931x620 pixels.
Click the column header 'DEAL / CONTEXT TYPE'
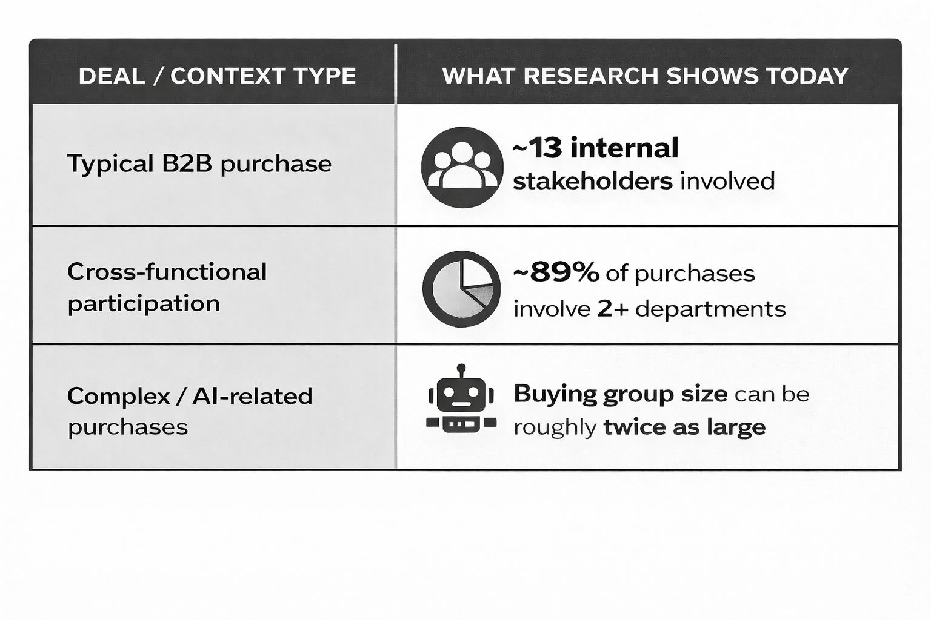pos(217,76)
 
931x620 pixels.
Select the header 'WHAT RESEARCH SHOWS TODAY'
pos(645,76)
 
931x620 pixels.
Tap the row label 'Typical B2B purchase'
pos(199,164)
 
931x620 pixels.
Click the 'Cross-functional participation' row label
pos(167,288)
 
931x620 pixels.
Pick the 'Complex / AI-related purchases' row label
pos(190,411)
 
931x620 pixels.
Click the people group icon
pos(462,167)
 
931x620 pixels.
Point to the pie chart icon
pos(462,289)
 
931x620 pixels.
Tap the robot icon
pos(461,401)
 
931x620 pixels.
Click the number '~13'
pos(537,148)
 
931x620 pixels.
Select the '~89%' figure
pos(556,272)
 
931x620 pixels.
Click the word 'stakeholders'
pos(592,181)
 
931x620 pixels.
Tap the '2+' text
pos(613,309)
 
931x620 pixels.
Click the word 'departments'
pos(710,309)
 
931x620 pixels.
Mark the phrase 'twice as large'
pos(684,427)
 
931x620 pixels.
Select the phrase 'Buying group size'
pos(620,394)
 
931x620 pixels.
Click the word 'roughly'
pos(555,427)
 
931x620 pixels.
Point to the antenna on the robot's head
pos(461,369)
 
